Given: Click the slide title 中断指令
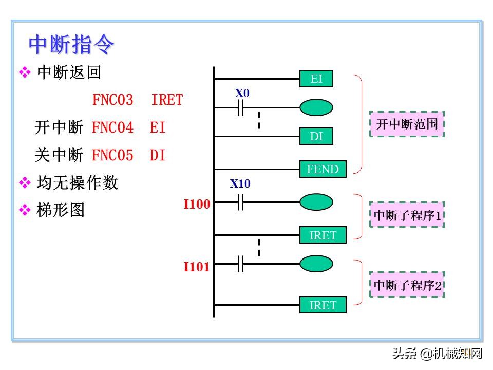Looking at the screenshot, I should pyautogui.click(x=71, y=45).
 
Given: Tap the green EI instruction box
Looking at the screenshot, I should pyautogui.click(x=316, y=79).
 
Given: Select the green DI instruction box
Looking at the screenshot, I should pyautogui.click(x=316, y=136).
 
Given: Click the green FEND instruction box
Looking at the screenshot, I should pyautogui.click(x=323, y=169).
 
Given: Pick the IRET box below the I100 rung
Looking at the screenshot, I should pyautogui.click(x=323, y=235).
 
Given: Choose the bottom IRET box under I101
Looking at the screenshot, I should pyautogui.click(x=323, y=305).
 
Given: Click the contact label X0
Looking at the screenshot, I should pyautogui.click(x=242, y=94).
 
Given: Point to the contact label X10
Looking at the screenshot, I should pyautogui.click(x=240, y=183).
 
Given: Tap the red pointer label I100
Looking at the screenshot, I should pyautogui.click(x=197, y=205).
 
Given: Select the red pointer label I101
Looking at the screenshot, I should pyautogui.click(x=197, y=267).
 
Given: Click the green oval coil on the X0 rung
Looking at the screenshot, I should pyautogui.click(x=316, y=107).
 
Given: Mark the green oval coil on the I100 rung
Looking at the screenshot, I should pyautogui.click(x=316, y=202).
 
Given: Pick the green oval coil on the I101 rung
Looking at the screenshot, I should pyautogui.click(x=316, y=264).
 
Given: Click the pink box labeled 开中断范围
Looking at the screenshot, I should pyautogui.click(x=407, y=124).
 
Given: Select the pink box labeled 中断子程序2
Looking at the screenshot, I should pyautogui.click(x=407, y=285).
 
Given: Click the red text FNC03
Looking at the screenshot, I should pyautogui.click(x=112, y=100).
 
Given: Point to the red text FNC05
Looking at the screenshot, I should pyautogui.click(x=112, y=155).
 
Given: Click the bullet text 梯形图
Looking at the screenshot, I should pyautogui.click(x=61, y=210).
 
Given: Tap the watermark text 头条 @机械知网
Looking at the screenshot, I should pyautogui.click(x=437, y=353).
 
